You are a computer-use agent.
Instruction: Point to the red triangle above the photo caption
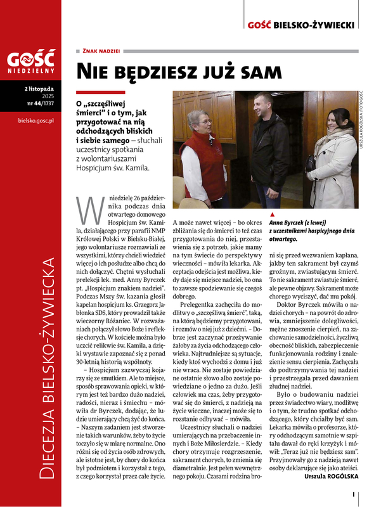(x=272, y=215)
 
